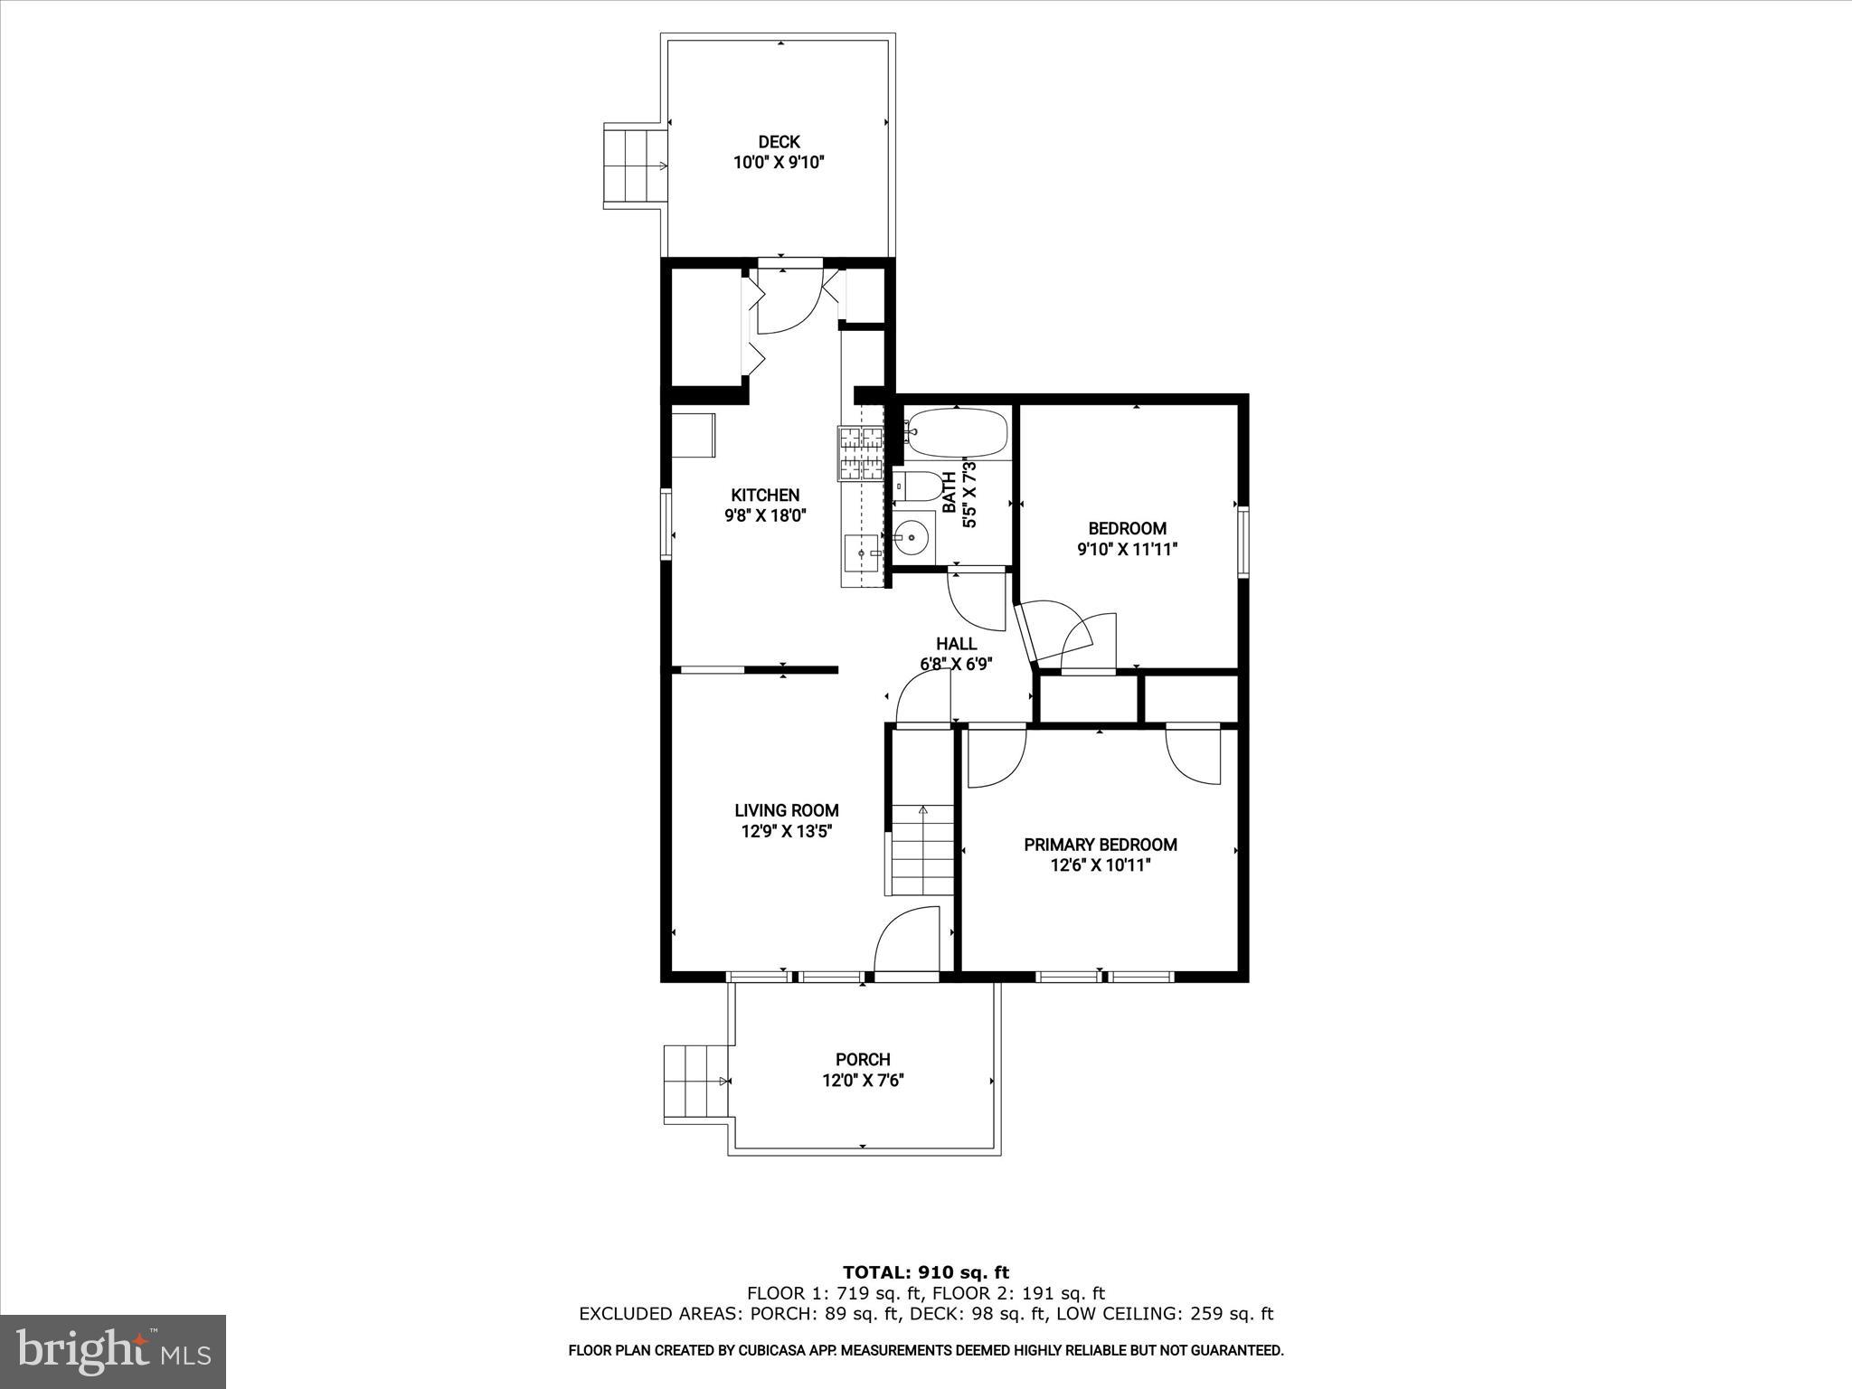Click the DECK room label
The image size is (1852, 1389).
tap(779, 142)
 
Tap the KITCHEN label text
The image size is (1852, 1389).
tap(765, 495)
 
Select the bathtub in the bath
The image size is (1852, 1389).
tap(957, 433)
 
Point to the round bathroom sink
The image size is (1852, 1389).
tap(912, 537)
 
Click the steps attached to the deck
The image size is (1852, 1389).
tap(635, 167)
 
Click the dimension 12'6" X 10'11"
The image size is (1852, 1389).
tap(1100, 865)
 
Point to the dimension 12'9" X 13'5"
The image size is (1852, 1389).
tap(786, 831)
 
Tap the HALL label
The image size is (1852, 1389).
tap(956, 644)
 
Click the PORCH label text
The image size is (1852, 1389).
tap(863, 1059)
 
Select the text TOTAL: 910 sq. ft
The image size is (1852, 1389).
tap(925, 1273)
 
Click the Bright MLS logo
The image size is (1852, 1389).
tap(113, 1351)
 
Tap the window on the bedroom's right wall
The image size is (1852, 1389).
tap(1243, 542)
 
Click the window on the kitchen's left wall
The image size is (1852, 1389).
tap(666, 524)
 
